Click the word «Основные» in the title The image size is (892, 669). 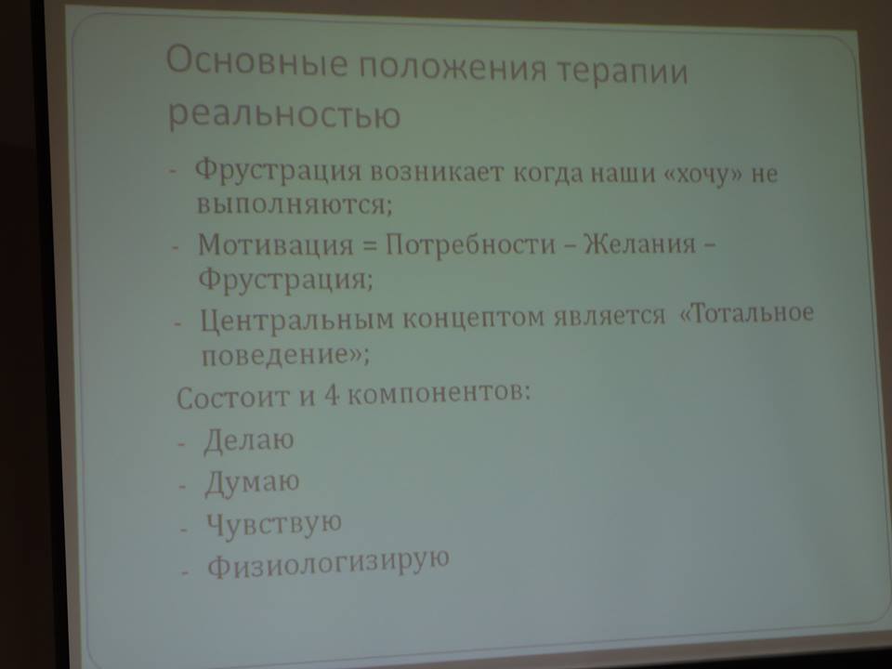256,61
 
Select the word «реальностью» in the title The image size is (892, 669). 284,113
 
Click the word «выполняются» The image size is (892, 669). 295,203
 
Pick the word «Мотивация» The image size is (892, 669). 275,244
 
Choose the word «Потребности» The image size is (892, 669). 470,244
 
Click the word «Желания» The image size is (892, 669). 640,244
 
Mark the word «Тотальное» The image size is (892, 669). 747,312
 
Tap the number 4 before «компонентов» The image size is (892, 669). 331,394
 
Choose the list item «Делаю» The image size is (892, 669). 249,440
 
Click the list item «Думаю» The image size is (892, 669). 252,482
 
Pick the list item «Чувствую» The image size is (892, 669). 273,523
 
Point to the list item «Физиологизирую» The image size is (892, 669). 328,562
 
